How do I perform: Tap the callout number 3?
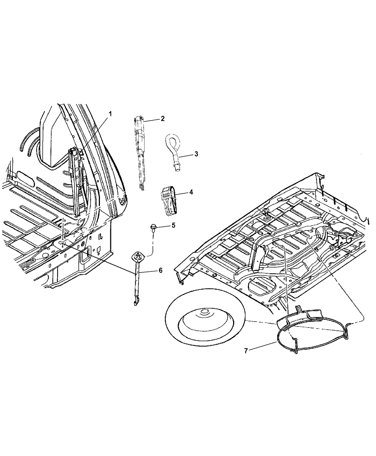tap(196, 154)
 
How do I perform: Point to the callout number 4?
tap(191, 192)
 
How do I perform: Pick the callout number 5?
tap(174, 225)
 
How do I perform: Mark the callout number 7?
tap(246, 351)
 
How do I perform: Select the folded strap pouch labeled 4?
tap(168, 201)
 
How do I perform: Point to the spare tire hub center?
tap(204, 313)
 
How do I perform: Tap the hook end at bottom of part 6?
tap(135, 303)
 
